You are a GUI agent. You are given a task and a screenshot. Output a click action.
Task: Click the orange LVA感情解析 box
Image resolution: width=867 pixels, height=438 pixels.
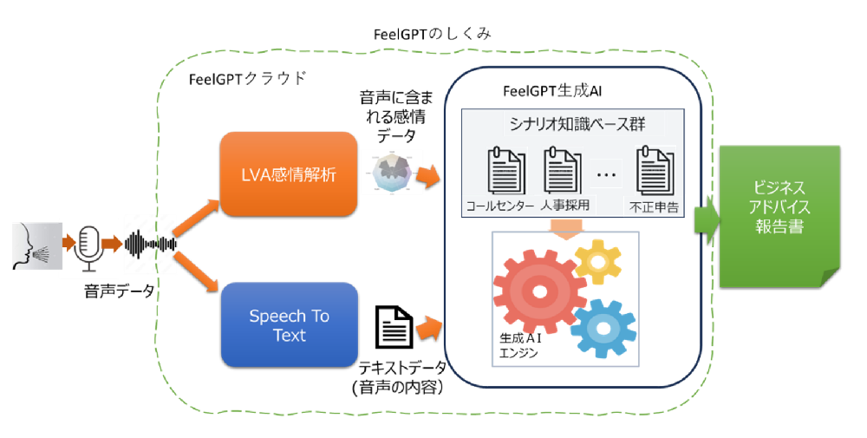(288, 175)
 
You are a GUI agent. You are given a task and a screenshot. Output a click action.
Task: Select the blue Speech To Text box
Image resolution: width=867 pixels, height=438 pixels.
(289, 324)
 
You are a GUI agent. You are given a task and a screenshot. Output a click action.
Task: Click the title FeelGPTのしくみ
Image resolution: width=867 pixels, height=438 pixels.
(430, 34)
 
